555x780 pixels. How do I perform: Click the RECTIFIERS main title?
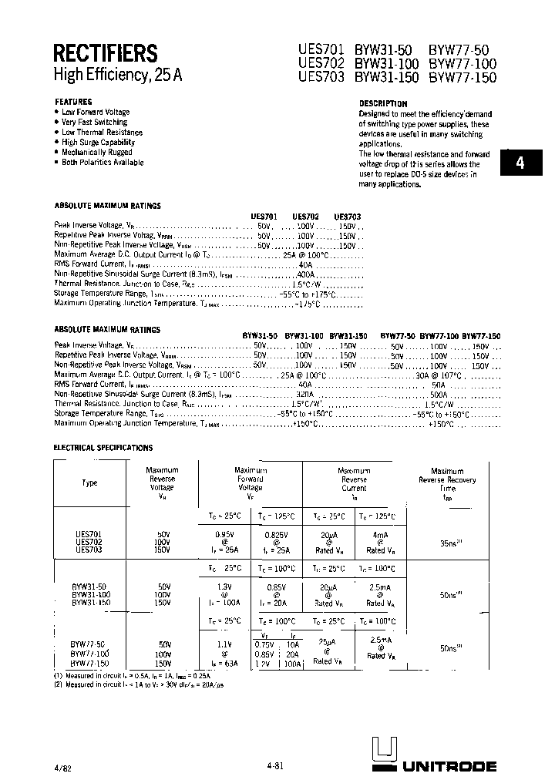click(105, 53)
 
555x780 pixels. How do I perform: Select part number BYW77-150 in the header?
click(462, 78)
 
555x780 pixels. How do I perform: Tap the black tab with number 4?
click(520, 163)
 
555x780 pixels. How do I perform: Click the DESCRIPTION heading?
click(383, 103)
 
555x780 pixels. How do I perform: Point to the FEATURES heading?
click(73, 102)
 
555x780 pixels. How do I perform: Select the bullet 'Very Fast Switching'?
click(94, 122)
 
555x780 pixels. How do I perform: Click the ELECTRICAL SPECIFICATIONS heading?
click(103, 448)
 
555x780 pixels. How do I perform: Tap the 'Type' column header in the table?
click(89, 483)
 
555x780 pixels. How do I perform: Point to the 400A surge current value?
click(306, 274)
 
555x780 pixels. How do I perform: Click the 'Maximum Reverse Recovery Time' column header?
click(447, 484)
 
